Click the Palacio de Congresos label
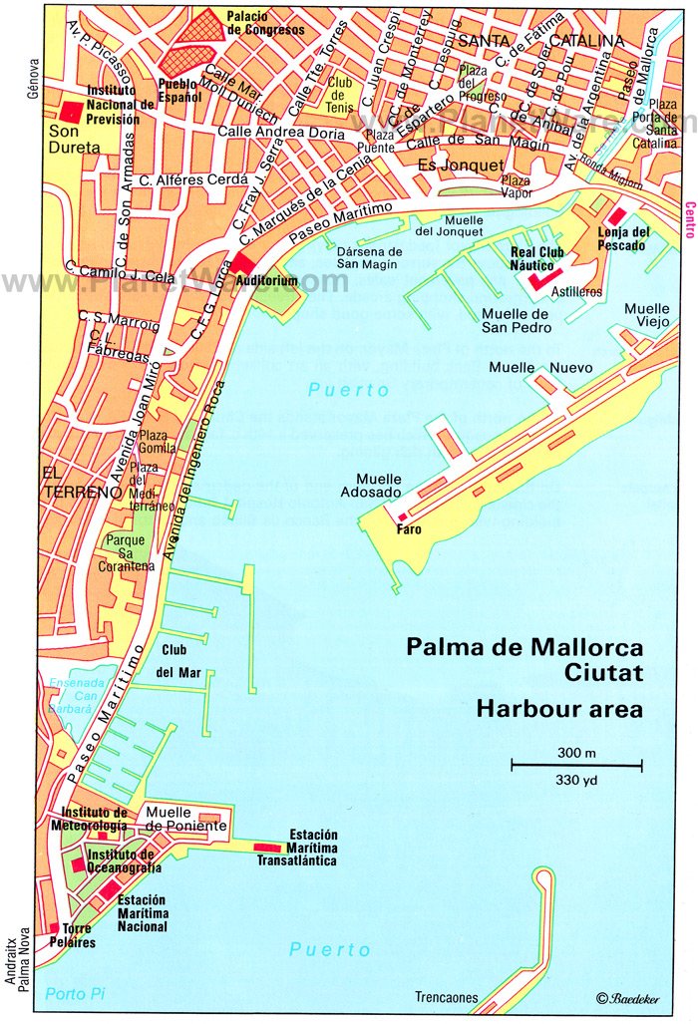click(267, 23)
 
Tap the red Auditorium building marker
click(244, 263)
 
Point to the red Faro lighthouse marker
click(403, 516)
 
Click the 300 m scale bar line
click(576, 766)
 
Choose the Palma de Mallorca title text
click(524, 647)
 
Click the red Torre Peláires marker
click(55, 928)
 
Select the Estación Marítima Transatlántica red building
click(268, 848)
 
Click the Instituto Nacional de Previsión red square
click(71, 112)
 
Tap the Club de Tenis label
click(340, 95)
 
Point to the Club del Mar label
click(178, 660)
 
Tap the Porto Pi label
click(74, 993)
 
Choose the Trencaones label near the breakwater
click(448, 997)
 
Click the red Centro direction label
click(689, 218)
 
